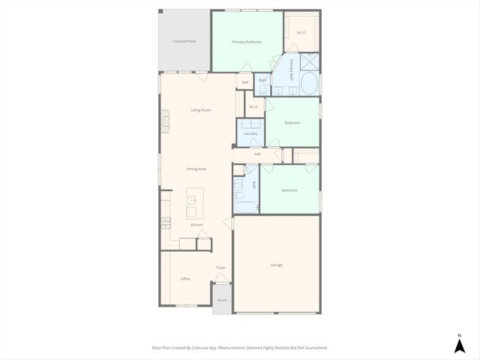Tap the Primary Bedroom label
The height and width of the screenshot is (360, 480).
pyautogui.click(x=247, y=42)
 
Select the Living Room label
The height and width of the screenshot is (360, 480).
pyautogui.click(x=200, y=110)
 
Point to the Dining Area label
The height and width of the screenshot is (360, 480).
pyautogui.click(x=196, y=169)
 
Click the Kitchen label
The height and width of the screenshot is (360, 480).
pyautogui.click(x=196, y=225)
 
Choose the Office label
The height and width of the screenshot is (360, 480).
pyautogui.click(x=185, y=279)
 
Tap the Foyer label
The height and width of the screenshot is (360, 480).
pyautogui.click(x=221, y=268)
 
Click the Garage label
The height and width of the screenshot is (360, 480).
pyautogui.click(x=277, y=265)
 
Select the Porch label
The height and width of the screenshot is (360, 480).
pyautogui.click(x=222, y=300)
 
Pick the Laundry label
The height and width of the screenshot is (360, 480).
pyautogui.click(x=250, y=134)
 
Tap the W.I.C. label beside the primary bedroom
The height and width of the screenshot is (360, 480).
pyautogui.click(x=301, y=32)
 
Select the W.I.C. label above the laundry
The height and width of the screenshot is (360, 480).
pyautogui.click(x=254, y=106)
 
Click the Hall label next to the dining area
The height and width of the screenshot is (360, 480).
pyautogui.click(x=257, y=154)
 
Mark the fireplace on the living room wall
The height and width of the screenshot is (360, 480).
pyautogui.click(x=163, y=122)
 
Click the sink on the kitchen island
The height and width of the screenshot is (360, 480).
pyautogui.click(x=192, y=201)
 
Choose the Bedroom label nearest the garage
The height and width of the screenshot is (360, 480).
pyautogui.click(x=289, y=190)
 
